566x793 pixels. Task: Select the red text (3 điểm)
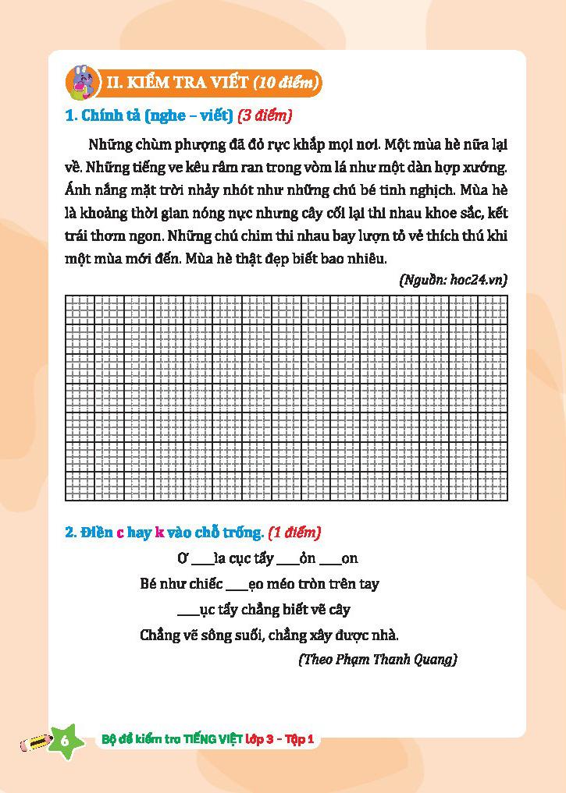(x=265, y=116)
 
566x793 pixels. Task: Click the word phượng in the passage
(x=185, y=144)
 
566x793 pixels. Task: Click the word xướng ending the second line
(x=484, y=167)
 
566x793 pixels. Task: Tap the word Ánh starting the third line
(x=80, y=189)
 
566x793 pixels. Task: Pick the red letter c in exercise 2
(x=120, y=533)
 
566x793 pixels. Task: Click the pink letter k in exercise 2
(x=159, y=533)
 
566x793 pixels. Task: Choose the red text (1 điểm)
(x=294, y=533)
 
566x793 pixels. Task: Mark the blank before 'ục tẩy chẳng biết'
(x=188, y=611)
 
